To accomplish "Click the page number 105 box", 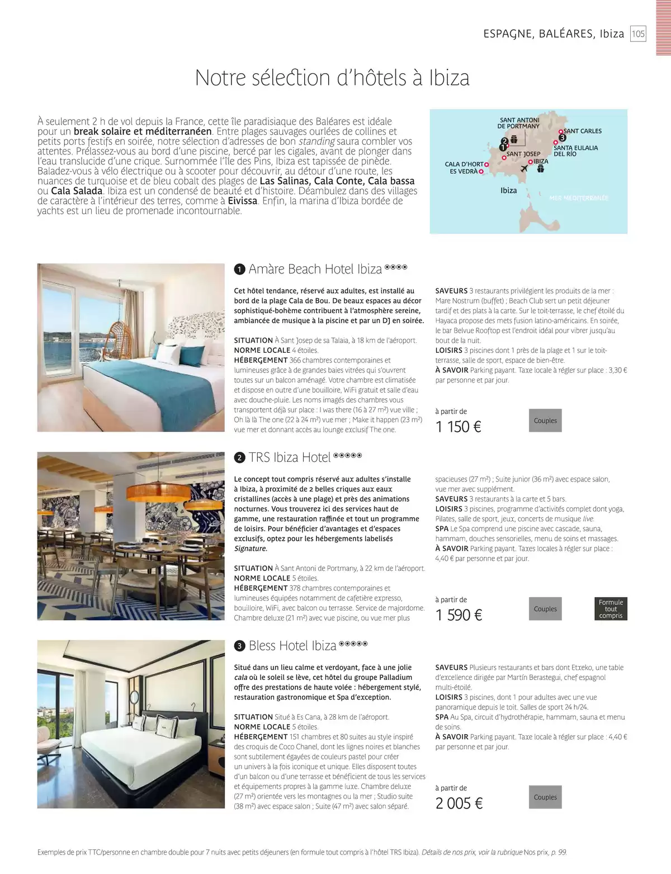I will pyautogui.click(x=638, y=34).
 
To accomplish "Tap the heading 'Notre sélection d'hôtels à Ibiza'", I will pyautogui.click(x=332, y=78).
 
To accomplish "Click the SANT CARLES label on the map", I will pyautogui.click(x=583, y=131).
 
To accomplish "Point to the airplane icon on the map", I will pyautogui.click(x=524, y=169).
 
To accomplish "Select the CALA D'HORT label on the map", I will pyautogui.click(x=464, y=164).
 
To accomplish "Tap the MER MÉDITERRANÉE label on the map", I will pyautogui.click(x=579, y=198).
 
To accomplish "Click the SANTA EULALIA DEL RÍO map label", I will pyautogui.click(x=575, y=151).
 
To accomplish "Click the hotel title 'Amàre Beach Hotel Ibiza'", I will pyautogui.click(x=315, y=269).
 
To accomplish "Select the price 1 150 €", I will pyautogui.click(x=458, y=427).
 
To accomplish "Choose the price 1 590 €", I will pyautogui.click(x=458, y=615).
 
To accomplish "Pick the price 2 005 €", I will pyautogui.click(x=459, y=804).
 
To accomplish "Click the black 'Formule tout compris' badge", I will pyautogui.click(x=611, y=609).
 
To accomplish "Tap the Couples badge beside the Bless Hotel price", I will pyautogui.click(x=545, y=797).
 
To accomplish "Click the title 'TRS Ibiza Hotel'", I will pyautogui.click(x=290, y=457).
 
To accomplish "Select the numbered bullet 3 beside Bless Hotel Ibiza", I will pyautogui.click(x=239, y=646).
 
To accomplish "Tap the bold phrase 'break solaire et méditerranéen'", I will pyautogui.click(x=143, y=131).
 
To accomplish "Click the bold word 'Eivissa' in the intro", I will pyautogui.click(x=243, y=201).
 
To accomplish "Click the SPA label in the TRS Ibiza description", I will pyautogui.click(x=442, y=528).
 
